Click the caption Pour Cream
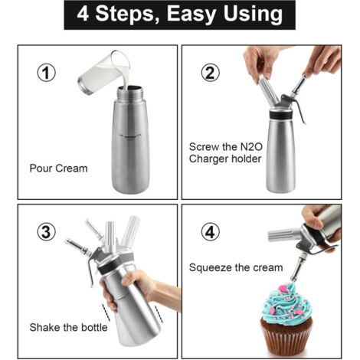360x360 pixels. click(x=59, y=168)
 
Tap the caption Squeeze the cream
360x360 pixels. click(x=237, y=267)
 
